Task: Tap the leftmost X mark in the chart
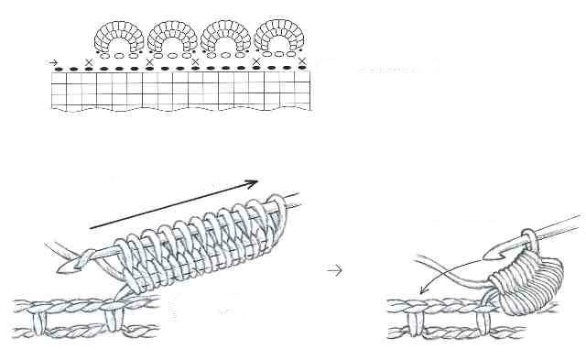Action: click(88, 61)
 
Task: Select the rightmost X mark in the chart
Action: click(302, 61)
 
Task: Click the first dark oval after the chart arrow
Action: click(60, 69)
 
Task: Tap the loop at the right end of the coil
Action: click(277, 210)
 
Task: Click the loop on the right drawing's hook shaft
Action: click(528, 241)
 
